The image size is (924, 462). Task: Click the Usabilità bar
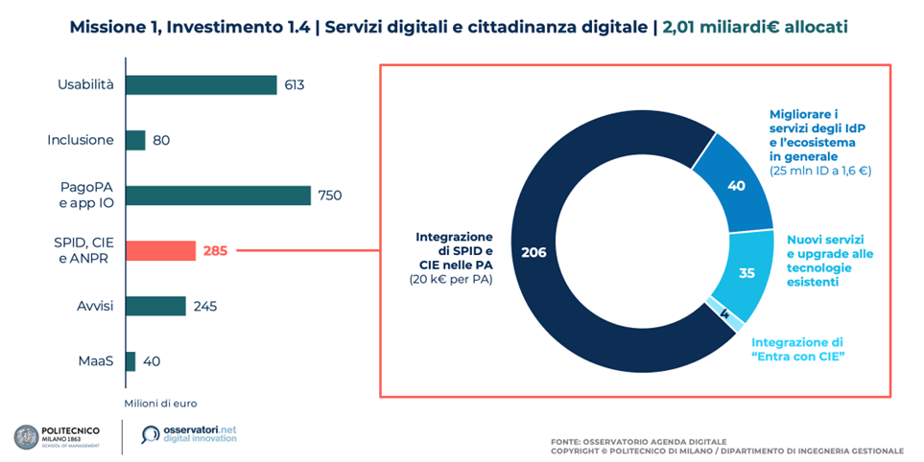(x=201, y=85)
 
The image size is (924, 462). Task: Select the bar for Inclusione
(x=135, y=141)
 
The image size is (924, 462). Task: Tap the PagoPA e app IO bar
(x=218, y=196)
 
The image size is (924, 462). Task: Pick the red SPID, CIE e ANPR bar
(x=160, y=251)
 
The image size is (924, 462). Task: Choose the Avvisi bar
(x=155, y=306)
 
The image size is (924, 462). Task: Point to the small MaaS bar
(x=130, y=361)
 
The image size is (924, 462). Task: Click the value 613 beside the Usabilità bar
(x=294, y=85)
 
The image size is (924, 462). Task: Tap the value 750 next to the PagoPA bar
(x=329, y=196)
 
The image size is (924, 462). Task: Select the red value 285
(x=215, y=251)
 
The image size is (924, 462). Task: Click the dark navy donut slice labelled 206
(x=534, y=252)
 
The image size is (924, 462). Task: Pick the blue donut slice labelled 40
(x=736, y=186)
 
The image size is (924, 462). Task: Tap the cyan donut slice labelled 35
(x=746, y=272)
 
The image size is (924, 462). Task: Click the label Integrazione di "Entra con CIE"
(x=796, y=350)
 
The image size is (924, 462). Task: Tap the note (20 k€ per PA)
(x=450, y=279)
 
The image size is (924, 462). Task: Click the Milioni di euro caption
(x=160, y=403)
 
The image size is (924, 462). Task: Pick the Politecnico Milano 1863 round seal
(x=25, y=437)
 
